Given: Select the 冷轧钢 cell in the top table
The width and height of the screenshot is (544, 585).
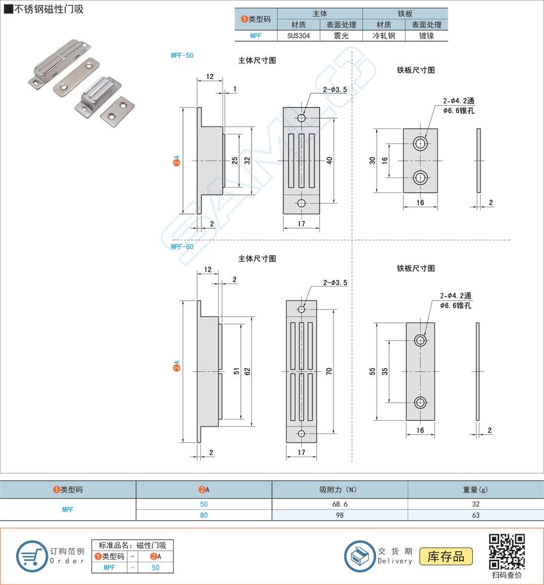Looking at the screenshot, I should (x=383, y=36).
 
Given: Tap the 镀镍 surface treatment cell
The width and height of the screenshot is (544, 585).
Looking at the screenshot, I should (x=426, y=36).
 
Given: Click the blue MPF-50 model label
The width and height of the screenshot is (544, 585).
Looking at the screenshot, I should (x=182, y=56).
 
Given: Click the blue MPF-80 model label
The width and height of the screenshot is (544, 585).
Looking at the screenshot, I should (x=182, y=246).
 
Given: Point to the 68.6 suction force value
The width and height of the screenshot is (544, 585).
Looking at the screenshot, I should (x=340, y=504).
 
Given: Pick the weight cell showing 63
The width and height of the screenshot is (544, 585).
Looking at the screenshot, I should (x=475, y=515).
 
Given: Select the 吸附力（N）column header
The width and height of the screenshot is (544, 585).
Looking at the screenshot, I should (x=340, y=489).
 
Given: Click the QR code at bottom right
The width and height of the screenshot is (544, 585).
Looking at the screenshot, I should (x=507, y=552).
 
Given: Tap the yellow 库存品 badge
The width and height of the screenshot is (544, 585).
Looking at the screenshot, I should (x=446, y=557).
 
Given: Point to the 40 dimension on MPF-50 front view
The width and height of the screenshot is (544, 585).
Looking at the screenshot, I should (x=329, y=160).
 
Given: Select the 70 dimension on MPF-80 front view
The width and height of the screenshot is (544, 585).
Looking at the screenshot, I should (x=329, y=371).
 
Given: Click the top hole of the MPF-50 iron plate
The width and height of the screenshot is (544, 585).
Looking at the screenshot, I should (x=421, y=145).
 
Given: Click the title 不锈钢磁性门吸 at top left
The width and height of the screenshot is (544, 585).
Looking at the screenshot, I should (x=44, y=10).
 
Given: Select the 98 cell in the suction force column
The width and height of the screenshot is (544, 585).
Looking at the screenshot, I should (x=340, y=515).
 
